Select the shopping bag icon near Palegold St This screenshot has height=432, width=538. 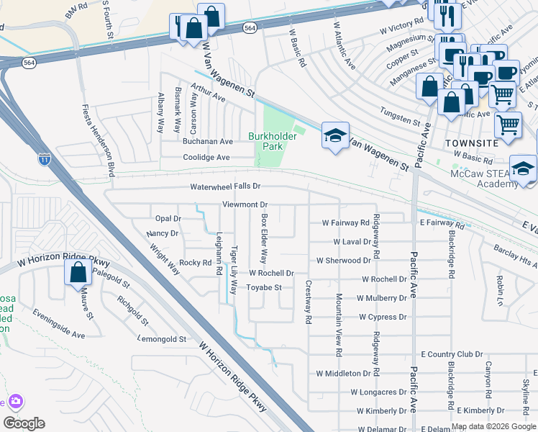(77, 273)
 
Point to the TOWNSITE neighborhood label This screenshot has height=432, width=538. (472, 143)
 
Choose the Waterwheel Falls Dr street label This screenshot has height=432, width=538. (224, 186)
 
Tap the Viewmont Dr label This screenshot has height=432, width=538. (245, 204)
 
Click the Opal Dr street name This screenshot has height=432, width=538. (168, 218)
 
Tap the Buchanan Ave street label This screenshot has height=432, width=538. (207, 142)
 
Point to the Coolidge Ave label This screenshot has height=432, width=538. (206, 157)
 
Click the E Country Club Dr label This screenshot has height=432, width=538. (452, 354)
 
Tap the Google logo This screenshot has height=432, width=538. (24, 423)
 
